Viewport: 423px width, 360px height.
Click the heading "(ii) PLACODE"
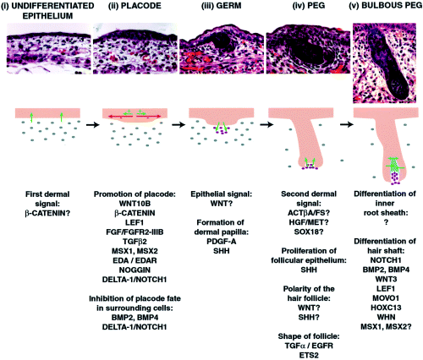(x=135, y=6)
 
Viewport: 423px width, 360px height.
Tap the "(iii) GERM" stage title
(x=221, y=6)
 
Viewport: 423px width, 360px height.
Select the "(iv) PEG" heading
(x=308, y=6)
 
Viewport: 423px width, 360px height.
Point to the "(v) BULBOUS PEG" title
(x=385, y=6)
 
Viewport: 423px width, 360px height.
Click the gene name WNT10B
(x=135, y=204)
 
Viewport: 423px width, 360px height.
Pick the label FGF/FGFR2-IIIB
(x=135, y=232)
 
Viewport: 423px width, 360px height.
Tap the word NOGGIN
(x=135, y=270)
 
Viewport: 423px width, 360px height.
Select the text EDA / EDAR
(x=135, y=260)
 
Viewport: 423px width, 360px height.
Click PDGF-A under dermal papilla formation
(x=221, y=242)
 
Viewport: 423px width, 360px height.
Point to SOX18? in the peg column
(x=309, y=232)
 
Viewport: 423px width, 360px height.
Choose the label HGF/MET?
(x=309, y=222)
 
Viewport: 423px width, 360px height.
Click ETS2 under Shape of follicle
(x=309, y=355)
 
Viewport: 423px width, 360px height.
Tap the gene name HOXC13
(x=386, y=308)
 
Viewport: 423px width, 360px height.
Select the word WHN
(x=386, y=317)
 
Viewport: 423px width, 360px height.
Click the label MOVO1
(x=386, y=298)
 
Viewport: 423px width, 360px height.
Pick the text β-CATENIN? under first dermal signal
(x=47, y=213)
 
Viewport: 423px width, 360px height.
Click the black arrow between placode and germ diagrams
(x=179, y=124)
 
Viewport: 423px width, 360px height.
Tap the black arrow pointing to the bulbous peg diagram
(x=347, y=124)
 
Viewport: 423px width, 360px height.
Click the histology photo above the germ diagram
(x=222, y=49)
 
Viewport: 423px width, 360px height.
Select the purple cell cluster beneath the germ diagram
(x=222, y=130)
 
